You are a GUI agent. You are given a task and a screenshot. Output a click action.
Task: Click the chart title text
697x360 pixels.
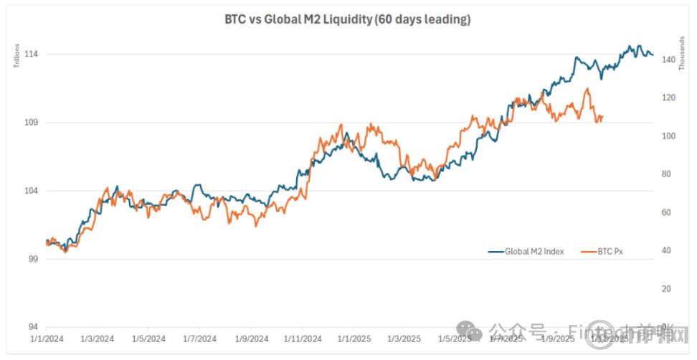pos(348,20)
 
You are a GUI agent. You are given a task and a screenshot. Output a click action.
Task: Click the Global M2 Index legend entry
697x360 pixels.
pos(534,252)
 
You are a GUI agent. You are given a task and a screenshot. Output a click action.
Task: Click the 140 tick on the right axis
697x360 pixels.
pos(668,60)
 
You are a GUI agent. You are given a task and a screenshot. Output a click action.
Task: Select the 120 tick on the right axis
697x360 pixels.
pos(668,98)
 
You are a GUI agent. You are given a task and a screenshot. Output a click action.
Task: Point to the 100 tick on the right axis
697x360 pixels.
pos(668,136)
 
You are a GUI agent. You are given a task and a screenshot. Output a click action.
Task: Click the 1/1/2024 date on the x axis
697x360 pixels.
pos(45,338)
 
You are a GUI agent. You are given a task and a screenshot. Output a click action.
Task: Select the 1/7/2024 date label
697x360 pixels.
pos(199,338)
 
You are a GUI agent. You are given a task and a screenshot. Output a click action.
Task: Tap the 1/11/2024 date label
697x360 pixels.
pos(302,338)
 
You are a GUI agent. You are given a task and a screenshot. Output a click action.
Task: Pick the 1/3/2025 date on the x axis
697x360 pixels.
pos(404,338)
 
